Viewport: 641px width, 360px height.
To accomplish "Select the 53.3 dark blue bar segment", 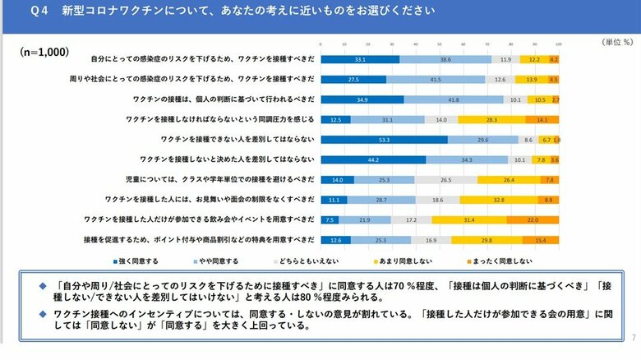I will tap(384, 139).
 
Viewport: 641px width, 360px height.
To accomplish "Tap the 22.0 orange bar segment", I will tap(533, 219).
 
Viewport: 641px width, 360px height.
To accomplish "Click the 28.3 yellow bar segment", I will tap(491, 119).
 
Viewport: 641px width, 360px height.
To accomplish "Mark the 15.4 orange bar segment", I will tap(541, 239).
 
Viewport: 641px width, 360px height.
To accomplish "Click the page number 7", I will tap(634, 338).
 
